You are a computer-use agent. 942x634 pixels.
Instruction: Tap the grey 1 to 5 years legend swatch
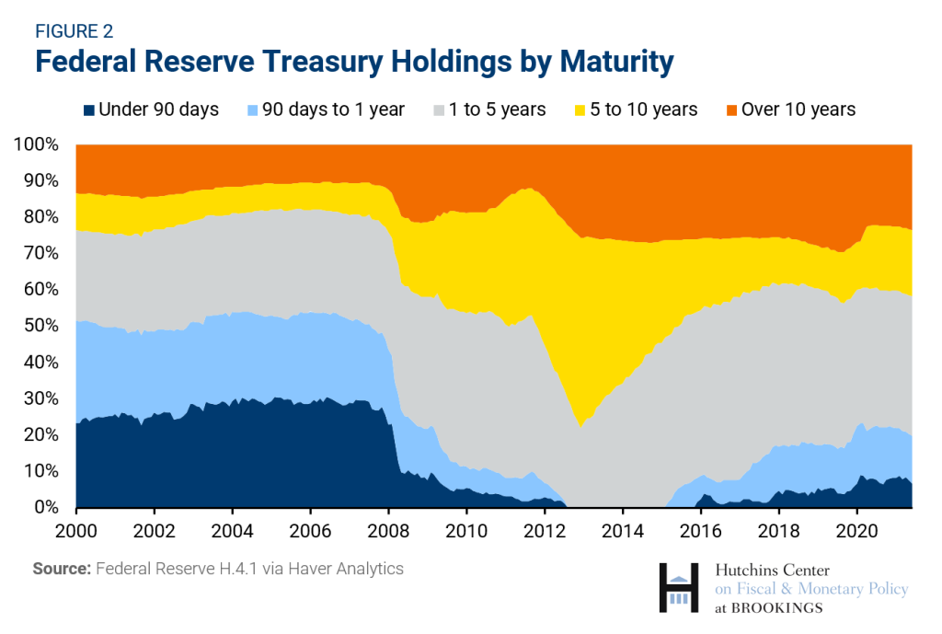(440, 110)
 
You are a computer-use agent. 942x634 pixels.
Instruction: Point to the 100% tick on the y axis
(36, 144)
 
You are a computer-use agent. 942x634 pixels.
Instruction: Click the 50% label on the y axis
(40, 326)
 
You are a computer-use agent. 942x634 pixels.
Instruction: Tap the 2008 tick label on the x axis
(389, 530)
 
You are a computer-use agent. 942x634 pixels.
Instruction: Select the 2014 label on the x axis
(623, 530)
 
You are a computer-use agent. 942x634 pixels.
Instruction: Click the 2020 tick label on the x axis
(857, 530)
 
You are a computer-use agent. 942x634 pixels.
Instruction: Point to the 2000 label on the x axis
(77, 530)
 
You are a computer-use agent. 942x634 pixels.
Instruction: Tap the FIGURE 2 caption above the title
(74, 30)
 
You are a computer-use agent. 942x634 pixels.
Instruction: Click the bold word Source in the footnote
(61, 569)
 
